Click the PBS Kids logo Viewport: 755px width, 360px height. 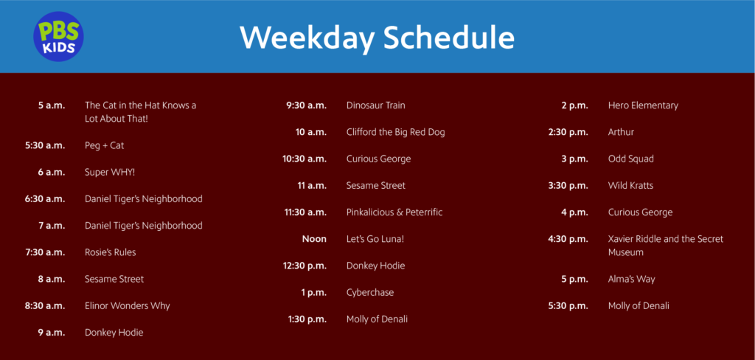coord(58,36)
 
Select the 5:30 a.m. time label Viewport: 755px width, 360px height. coord(45,145)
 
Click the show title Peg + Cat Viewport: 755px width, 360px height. coord(104,145)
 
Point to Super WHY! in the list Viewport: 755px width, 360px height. coord(110,172)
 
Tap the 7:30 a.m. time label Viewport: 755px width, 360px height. coord(45,252)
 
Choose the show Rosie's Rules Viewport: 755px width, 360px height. coord(110,252)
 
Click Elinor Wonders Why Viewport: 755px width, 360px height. coord(127,305)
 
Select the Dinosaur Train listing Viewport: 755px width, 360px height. coord(375,105)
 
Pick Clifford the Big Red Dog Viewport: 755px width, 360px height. coord(395,132)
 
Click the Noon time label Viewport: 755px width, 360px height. coord(314,239)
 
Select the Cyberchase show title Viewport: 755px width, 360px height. coord(370,292)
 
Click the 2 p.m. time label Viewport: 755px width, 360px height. coord(574,105)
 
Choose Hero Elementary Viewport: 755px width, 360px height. coord(643,105)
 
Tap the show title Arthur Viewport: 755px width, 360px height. coord(621,132)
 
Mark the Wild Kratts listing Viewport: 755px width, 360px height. coord(630,185)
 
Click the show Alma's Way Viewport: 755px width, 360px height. coord(631,279)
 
